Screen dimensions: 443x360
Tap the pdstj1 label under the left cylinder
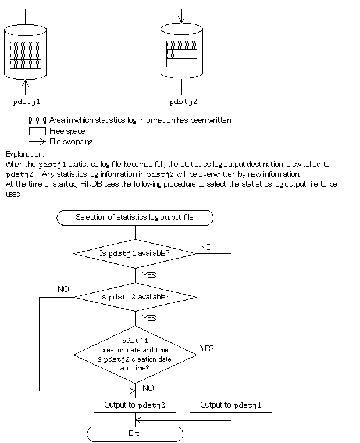27,102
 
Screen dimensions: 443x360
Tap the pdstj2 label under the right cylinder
183,102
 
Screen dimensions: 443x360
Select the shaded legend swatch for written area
37,120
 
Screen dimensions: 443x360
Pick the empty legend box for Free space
37,131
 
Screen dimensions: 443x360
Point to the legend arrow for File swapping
37,142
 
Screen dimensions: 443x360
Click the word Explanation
24,154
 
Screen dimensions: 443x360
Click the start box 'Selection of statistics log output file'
134,218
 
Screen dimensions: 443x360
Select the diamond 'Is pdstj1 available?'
134,253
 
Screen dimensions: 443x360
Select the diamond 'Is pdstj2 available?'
134,297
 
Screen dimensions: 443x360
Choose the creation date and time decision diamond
134,354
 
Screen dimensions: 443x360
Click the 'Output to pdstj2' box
134,405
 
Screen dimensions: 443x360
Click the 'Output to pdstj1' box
230,405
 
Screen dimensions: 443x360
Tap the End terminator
134,434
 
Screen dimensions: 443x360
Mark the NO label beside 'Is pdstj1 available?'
206,247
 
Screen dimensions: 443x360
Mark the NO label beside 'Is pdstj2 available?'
63,289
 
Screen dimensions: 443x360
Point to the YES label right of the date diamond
207,348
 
